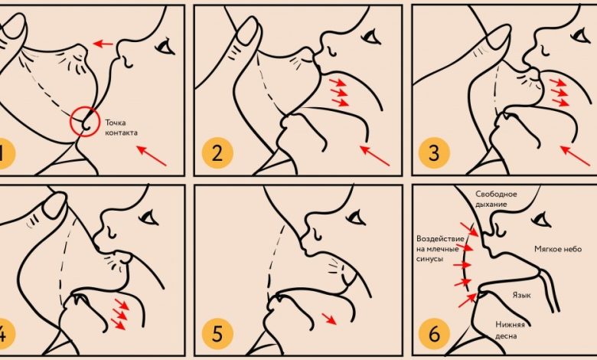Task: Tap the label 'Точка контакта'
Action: click(x=121, y=128)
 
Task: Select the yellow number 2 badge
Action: click(x=217, y=153)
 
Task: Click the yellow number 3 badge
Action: click(x=434, y=153)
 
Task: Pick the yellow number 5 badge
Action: click(x=217, y=333)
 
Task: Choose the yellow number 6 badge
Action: click(x=434, y=333)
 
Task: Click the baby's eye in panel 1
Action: click(x=165, y=47)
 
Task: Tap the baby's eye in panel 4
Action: click(x=149, y=217)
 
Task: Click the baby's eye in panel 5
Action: click(x=356, y=217)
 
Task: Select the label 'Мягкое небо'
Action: click(x=558, y=249)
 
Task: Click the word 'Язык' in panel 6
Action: click(x=522, y=295)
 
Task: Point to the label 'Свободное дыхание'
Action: click(x=496, y=199)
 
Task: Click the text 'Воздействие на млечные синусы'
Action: click(x=440, y=249)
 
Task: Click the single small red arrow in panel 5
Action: click(x=329, y=319)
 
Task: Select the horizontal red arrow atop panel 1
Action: click(x=103, y=44)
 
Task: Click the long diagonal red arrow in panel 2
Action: click(x=375, y=155)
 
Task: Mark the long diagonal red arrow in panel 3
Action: click(x=576, y=155)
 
